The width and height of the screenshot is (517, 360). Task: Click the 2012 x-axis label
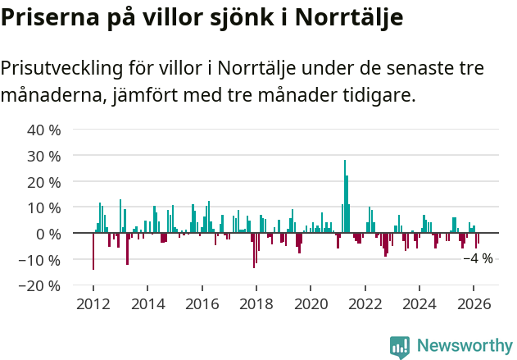pos(93,304)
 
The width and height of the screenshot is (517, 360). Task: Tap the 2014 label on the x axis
pos(148,304)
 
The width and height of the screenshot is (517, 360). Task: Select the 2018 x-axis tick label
pos(256,304)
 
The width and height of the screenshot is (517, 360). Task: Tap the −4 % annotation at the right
pos(478,258)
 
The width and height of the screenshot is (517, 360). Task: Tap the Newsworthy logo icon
pos(400,346)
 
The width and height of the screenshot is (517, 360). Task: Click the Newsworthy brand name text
pos(464,346)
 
